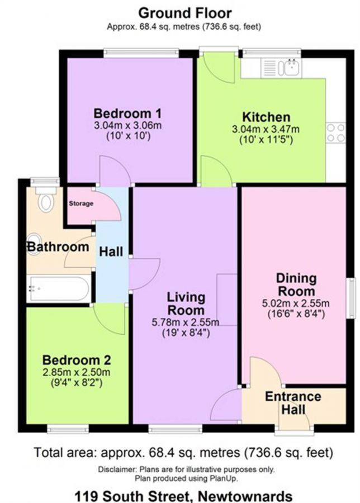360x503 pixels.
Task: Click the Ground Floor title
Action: [185, 13]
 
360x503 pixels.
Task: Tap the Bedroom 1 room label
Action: [127, 113]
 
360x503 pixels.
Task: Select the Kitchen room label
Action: [266, 117]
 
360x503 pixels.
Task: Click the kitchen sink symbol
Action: [281, 68]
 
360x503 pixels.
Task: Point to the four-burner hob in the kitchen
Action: [336, 133]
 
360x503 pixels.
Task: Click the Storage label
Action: [81, 203]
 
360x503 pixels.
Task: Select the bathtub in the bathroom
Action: [59, 288]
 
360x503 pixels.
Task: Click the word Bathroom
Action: [58, 246]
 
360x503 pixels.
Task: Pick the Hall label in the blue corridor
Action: [111, 251]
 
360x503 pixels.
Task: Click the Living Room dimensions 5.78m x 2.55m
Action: [186, 322]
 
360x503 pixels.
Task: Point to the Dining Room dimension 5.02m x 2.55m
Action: [296, 303]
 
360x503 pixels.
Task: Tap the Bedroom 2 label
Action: [77, 360]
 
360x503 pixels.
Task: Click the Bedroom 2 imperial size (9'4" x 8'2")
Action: [77, 383]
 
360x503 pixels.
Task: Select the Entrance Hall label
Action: [293, 403]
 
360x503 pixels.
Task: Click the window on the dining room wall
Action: [352, 298]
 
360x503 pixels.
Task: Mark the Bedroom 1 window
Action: [141, 53]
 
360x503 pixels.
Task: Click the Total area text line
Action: [183, 453]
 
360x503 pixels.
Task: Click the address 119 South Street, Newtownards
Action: [183, 496]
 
